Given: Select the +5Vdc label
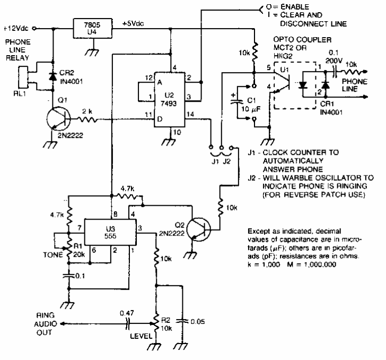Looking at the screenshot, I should (133, 25).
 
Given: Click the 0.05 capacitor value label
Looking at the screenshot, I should (198, 321).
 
